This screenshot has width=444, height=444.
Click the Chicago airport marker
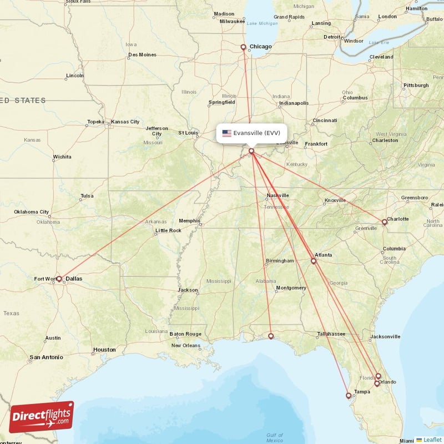(243, 47)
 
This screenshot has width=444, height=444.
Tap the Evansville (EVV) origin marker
(251, 151)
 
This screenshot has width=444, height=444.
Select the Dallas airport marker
(59, 279)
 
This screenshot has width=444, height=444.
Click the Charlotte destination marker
(384, 222)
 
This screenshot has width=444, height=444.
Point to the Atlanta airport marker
(314, 261)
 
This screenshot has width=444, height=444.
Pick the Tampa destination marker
(349, 396)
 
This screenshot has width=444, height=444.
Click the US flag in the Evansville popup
(226, 133)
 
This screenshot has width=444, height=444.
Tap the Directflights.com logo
(42, 417)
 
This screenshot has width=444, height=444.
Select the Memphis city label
(189, 220)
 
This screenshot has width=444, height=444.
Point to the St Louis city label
(188, 133)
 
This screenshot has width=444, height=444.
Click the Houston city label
(104, 350)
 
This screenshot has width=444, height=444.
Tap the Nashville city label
(277, 195)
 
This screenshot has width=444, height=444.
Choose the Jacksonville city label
(386, 336)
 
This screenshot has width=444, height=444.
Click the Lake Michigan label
(263, 23)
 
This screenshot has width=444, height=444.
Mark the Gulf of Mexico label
(274, 437)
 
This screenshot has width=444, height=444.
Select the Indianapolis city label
(293, 103)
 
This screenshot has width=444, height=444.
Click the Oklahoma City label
(32, 211)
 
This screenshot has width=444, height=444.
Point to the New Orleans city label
(186, 345)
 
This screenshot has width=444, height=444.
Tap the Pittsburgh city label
(416, 85)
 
